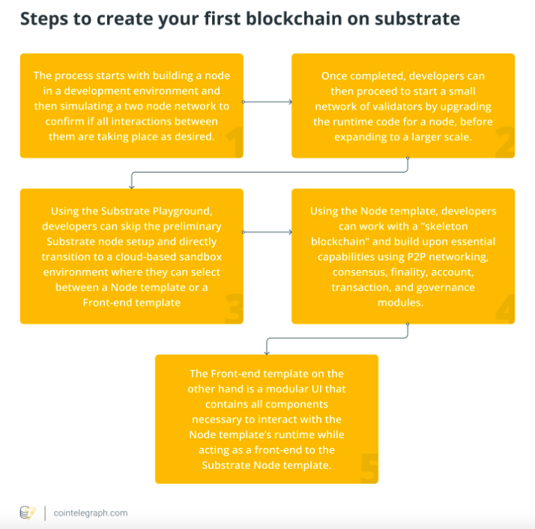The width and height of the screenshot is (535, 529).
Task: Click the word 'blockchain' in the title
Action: tap(294, 19)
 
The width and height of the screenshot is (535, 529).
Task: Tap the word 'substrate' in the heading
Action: tap(417, 20)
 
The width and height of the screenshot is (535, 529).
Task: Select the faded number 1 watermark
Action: tap(235, 142)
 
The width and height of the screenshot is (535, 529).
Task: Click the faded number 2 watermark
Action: tap(505, 142)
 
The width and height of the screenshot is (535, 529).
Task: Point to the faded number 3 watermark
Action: tap(234, 308)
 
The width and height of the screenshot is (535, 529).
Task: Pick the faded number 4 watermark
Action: tap(505, 308)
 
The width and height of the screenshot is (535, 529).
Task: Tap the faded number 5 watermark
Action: tap(369, 468)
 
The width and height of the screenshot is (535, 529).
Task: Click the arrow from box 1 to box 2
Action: tap(267, 102)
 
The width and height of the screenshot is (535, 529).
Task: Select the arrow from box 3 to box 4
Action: tap(267, 232)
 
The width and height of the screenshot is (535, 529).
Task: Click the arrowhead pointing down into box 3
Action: tap(132, 186)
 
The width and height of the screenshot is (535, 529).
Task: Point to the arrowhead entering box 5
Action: tap(267, 353)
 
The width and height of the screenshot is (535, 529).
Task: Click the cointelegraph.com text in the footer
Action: tap(91, 513)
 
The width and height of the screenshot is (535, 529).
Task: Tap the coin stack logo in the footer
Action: tap(28, 513)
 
